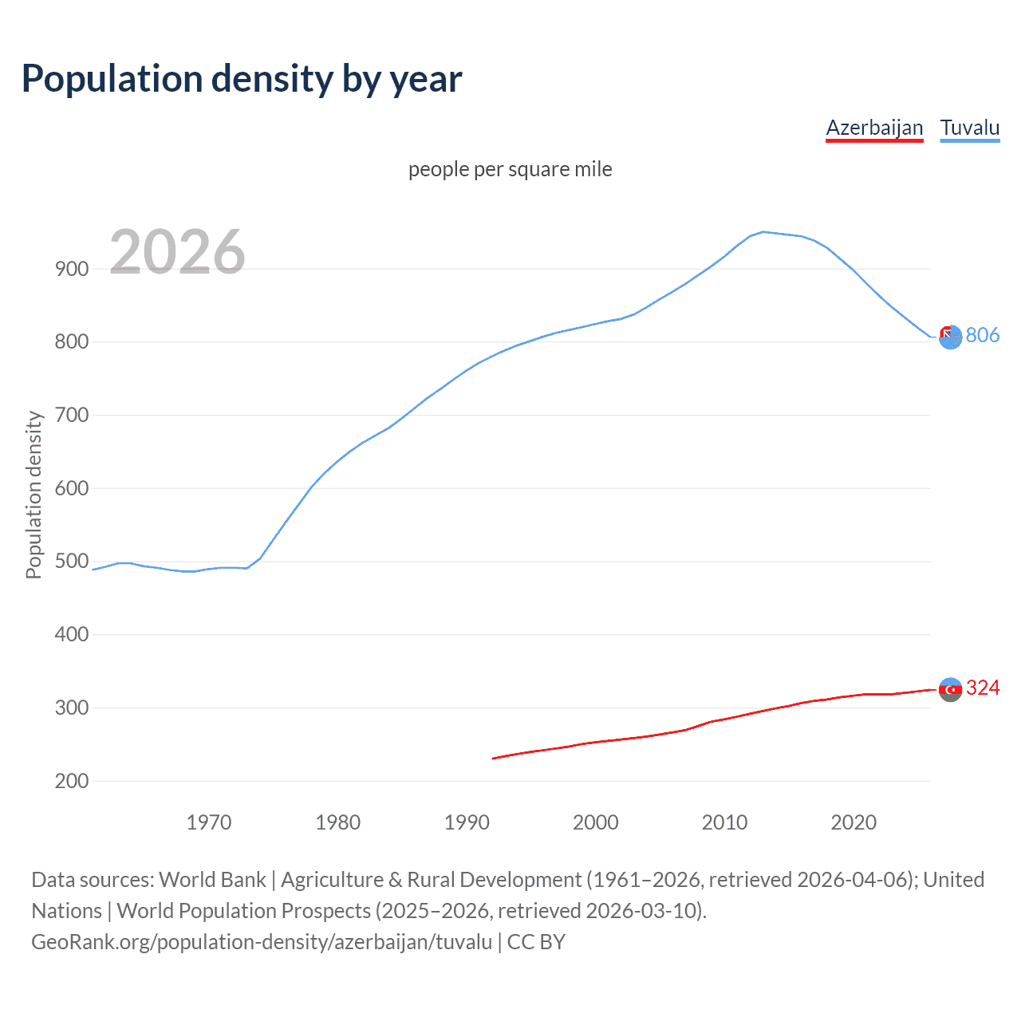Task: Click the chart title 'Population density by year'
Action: [242, 78]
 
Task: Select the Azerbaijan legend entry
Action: [874, 128]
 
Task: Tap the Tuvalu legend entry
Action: [969, 128]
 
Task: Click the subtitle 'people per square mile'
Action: [510, 169]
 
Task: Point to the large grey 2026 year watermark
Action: [177, 252]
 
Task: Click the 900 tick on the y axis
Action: [72, 269]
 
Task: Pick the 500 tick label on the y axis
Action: [72, 562]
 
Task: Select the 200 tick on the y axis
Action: [72, 781]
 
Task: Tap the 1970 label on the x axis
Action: [209, 822]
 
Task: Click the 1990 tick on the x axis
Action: [467, 822]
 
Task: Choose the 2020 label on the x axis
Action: [853, 822]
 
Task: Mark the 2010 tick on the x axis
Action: [724, 822]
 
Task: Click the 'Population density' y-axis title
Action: [34, 495]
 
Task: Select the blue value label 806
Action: [982, 335]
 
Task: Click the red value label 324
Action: [982, 688]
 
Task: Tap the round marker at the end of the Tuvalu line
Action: [950, 337]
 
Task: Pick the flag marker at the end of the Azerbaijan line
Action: [950, 689]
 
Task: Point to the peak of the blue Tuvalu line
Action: [763, 231]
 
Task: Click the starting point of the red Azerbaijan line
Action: [494, 758]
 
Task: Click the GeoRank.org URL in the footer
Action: [262, 942]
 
